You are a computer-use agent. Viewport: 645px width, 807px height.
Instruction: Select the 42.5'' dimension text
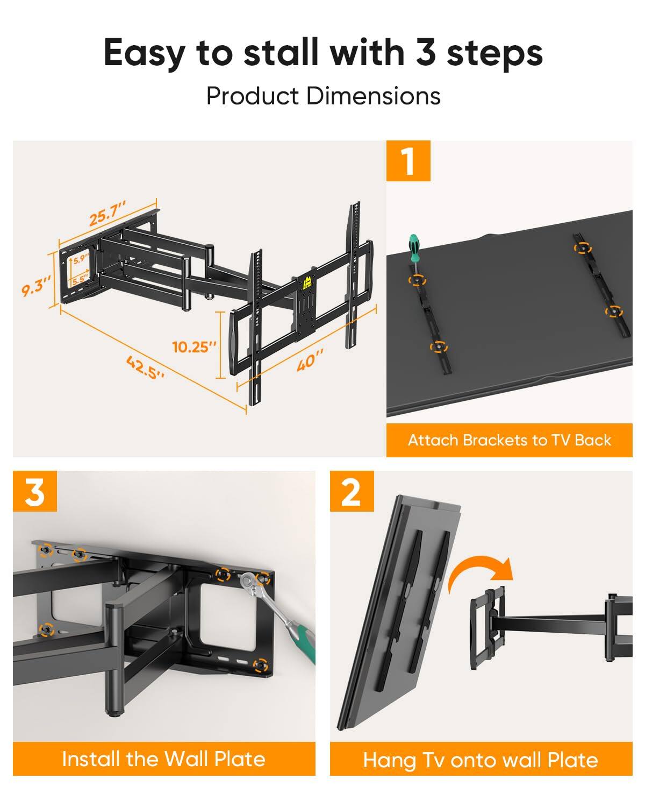pyautogui.click(x=145, y=367)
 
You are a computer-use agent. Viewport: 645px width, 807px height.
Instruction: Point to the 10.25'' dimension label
pyautogui.click(x=194, y=347)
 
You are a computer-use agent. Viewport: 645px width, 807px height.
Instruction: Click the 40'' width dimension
pyautogui.click(x=310, y=359)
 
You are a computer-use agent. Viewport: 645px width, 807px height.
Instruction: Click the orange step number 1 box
pyautogui.click(x=408, y=160)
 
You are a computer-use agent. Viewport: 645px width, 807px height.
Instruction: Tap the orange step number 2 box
pyautogui.click(x=352, y=491)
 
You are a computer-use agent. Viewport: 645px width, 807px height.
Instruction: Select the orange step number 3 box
pyautogui.click(x=35, y=491)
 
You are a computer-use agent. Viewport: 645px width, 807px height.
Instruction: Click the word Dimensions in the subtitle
pyautogui.click(x=373, y=96)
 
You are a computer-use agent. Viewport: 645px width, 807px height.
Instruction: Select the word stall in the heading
pyautogui.click(x=283, y=53)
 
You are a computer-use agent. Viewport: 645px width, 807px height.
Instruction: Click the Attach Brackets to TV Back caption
pyautogui.click(x=509, y=440)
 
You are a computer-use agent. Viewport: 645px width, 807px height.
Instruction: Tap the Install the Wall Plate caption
pyautogui.click(x=164, y=759)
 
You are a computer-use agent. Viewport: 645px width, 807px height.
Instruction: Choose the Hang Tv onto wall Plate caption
pyautogui.click(x=481, y=760)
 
